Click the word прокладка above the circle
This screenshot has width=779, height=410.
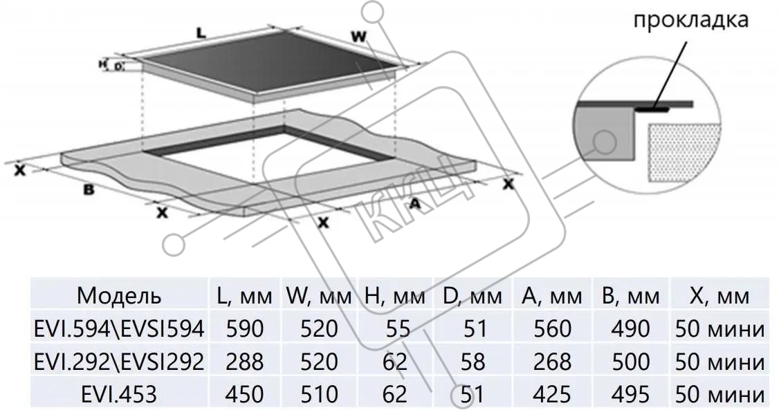(x=690, y=19)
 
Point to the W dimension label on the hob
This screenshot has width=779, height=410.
(x=358, y=37)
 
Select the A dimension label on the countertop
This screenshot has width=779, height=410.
(x=415, y=203)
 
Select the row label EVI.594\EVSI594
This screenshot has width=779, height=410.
(x=119, y=329)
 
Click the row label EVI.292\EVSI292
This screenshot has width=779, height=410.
(x=119, y=362)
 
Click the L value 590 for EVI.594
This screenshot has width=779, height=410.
(x=245, y=329)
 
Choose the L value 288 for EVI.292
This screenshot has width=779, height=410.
(x=245, y=362)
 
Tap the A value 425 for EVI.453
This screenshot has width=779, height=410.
(x=552, y=394)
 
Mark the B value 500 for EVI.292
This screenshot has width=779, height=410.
(x=630, y=362)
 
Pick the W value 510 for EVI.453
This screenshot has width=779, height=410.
(x=319, y=394)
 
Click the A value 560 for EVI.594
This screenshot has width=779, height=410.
(x=552, y=329)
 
